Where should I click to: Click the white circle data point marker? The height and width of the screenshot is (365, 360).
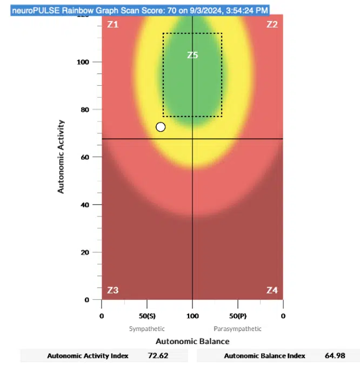pyautogui.click(x=161, y=127)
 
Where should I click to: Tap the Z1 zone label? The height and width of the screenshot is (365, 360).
pyautogui.click(x=112, y=25)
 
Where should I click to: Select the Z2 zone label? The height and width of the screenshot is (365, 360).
pyautogui.click(x=272, y=25)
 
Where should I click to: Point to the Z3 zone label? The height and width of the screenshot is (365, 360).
pyautogui.click(x=112, y=290)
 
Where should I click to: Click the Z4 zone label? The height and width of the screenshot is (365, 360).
pyautogui.click(x=272, y=290)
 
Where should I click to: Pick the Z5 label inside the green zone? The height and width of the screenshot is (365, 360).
pyautogui.click(x=192, y=55)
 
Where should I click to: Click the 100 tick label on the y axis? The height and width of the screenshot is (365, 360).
pyautogui.click(x=82, y=62)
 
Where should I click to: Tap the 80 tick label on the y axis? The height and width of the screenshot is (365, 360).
pyautogui.click(x=84, y=110)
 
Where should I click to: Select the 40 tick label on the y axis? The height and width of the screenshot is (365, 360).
pyautogui.click(x=84, y=205)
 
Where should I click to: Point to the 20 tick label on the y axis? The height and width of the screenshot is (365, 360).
pyautogui.click(x=84, y=252)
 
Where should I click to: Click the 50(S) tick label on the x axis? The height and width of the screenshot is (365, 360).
pyautogui.click(x=147, y=315)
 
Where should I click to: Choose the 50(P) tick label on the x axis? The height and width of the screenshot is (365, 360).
pyautogui.click(x=238, y=315)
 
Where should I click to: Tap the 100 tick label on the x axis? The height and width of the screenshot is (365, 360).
pyautogui.click(x=192, y=315)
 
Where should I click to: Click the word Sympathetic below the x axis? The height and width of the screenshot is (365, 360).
pyautogui.click(x=147, y=328)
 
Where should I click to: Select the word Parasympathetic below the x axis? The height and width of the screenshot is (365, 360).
pyautogui.click(x=238, y=328)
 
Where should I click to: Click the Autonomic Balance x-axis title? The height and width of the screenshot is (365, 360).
pyautogui.click(x=192, y=341)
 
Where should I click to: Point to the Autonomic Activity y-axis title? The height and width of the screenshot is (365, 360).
pyautogui.click(x=61, y=157)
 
